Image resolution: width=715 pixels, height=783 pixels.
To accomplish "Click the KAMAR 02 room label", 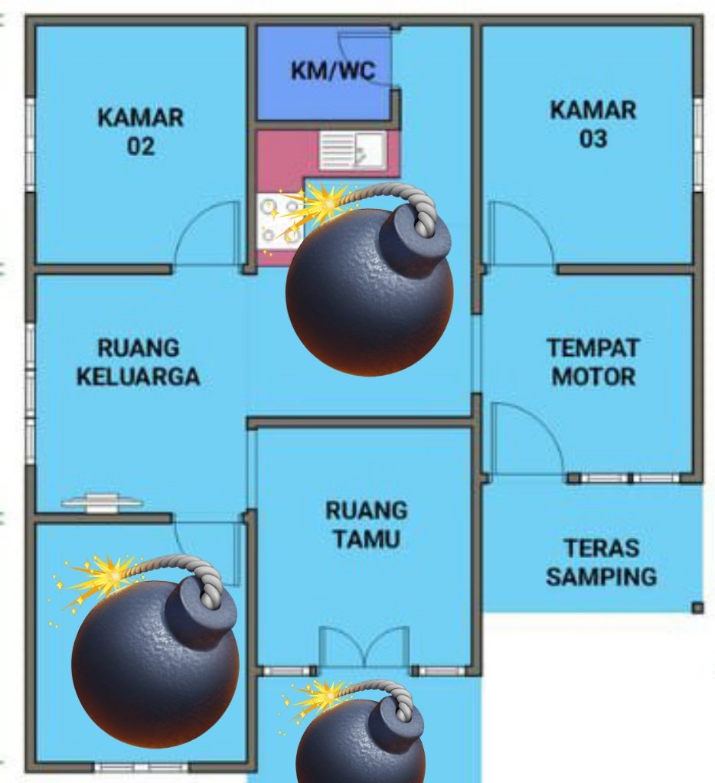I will (141, 132).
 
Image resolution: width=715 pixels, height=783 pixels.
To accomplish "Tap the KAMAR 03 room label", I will (593, 124).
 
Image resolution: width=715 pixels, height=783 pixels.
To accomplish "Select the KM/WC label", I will (333, 71).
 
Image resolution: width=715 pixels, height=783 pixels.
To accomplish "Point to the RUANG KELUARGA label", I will (139, 362).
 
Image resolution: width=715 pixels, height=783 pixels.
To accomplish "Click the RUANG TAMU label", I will (367, 524).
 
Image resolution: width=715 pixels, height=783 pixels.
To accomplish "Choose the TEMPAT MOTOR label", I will (593, 362).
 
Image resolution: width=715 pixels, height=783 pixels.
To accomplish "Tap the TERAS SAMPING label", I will (601, 563).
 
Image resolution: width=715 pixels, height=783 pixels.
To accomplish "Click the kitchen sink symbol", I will (351, 149).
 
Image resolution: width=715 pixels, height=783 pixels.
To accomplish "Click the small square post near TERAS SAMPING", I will (697, 608).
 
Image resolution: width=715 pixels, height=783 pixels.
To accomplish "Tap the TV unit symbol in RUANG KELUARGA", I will (101, 503).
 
